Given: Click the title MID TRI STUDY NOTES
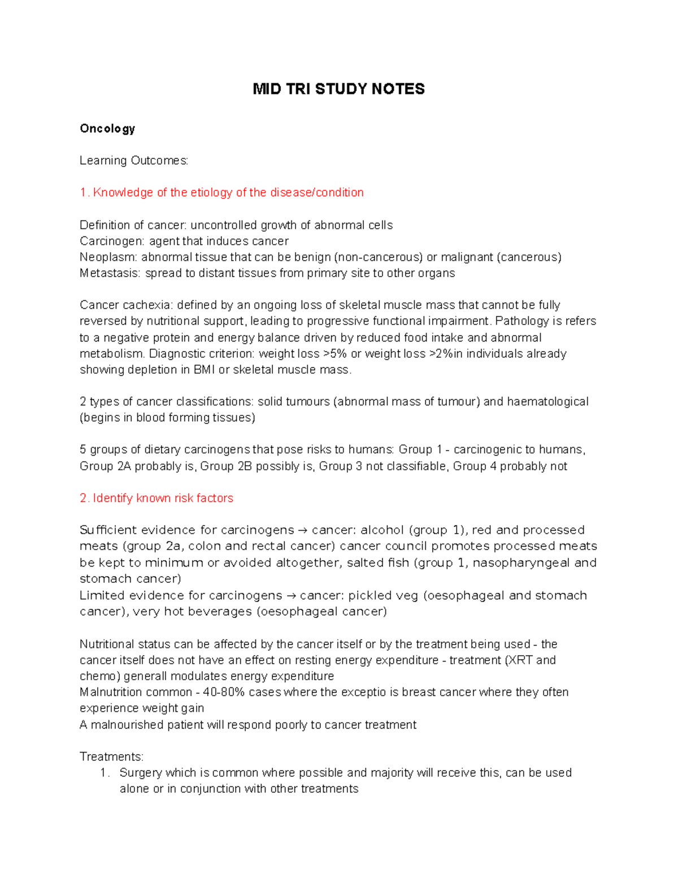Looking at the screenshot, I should tap(338, 89).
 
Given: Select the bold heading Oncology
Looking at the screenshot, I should tap(107, 129).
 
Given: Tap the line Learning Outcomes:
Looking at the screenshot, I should tap(134, 161).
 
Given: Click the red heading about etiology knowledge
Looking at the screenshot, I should tap(221, 193).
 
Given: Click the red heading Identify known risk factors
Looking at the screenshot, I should tap(157, 499).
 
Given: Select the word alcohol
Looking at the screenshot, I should tap(383, 530).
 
